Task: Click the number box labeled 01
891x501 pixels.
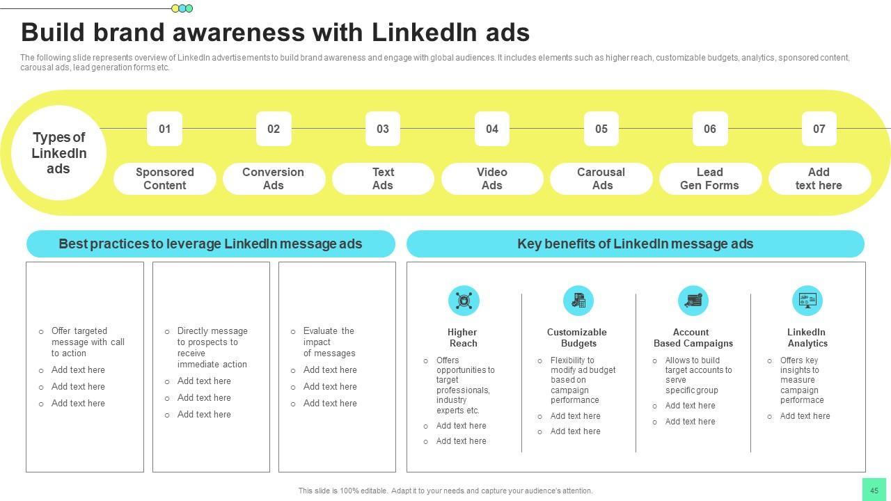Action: click(164, 129)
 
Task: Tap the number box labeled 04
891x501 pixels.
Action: click(492, 129)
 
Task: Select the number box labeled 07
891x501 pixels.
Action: click(819, 129)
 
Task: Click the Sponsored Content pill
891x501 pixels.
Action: click(165, 179)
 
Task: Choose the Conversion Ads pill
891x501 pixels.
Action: click(274, 179)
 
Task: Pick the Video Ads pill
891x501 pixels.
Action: click(492, 179)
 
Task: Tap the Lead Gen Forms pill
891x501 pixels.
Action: click(710, 179)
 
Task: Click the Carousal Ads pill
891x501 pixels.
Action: click(601, 179)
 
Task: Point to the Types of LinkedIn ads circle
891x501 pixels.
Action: click(59, 153)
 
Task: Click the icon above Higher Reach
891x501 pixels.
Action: click(464, 301)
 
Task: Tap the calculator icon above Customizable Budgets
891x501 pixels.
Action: click(578, 301)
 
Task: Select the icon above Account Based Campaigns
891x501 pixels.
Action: click(693, 301)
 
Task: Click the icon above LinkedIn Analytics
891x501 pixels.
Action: click(807, 301)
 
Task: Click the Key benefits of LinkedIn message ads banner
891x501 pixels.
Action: click(635, 244)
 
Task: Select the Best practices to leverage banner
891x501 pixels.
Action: click(210, 244)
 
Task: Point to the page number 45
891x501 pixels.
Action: click(874, 490)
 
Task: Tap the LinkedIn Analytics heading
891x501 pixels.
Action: click(807, 337)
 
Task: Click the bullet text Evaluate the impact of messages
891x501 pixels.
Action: click(329, 342)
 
